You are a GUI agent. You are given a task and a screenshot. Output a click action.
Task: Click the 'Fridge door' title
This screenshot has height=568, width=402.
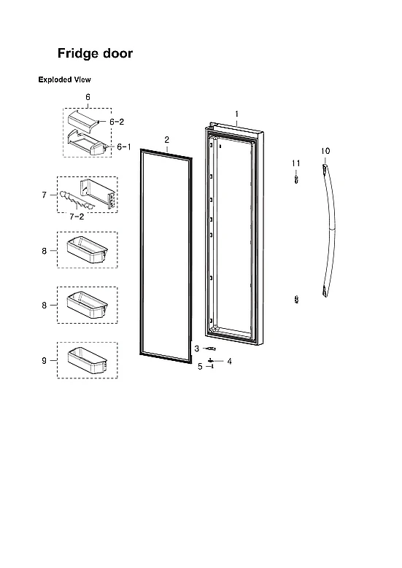coord(95,53)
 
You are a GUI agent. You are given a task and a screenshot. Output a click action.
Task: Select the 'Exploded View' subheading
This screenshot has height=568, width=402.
coord(64,79)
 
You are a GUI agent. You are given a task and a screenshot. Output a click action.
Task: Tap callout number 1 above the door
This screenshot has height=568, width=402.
coord(236,114)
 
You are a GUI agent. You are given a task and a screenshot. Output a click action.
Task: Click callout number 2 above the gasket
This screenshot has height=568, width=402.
coord(167,140)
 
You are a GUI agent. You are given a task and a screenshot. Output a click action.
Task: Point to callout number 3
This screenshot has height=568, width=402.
coord(197,349)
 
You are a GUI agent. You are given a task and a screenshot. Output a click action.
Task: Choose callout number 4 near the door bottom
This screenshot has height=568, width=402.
coord(230,361)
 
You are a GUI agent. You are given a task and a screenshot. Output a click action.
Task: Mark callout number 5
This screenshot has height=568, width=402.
coord(200,367)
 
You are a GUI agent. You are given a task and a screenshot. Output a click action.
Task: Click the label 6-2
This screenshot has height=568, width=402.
coord(117,122)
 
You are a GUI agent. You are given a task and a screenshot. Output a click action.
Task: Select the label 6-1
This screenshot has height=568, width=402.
coord(124,147)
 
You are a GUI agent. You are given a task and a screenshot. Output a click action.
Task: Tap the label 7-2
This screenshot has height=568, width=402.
coord(77,217)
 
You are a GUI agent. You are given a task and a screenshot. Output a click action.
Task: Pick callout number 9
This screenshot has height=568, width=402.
coord(45,360)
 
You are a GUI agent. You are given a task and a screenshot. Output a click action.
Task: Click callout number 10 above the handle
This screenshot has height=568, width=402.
coord(325,151)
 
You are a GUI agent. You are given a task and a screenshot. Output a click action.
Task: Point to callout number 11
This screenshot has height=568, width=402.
coord(296,163)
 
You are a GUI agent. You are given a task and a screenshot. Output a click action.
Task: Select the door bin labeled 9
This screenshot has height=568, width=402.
coord(88,360)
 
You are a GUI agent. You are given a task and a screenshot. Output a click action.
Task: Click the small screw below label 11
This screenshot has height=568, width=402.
coord(296,179)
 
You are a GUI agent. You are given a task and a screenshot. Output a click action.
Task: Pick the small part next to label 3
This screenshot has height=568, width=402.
coord(211,349)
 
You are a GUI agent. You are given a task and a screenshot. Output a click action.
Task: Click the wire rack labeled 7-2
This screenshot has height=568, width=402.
coord(77,201)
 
